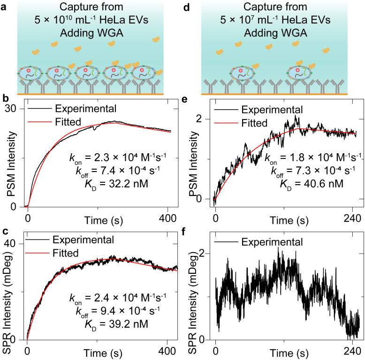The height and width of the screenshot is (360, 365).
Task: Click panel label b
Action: coord(5,99)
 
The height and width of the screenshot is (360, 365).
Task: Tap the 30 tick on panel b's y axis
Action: coord(17,108)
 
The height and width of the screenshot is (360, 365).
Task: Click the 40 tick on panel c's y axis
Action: coord(17,244)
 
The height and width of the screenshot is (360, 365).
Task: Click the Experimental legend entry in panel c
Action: coord(84,240)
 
